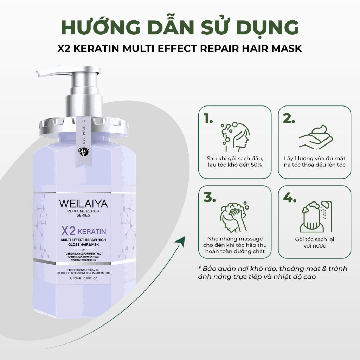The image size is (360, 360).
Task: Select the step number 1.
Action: (x=208, y=120)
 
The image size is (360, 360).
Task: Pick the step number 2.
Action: (x=289, y=120)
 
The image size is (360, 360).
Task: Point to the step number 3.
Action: (x=209, y=198)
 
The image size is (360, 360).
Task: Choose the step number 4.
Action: (x=290, y=198)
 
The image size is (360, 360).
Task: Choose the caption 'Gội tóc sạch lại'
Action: (x=315, y=239)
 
